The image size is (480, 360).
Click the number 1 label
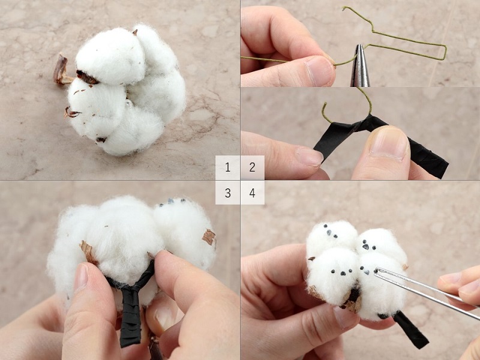point(228,167)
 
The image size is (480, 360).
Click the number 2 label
point(253,167)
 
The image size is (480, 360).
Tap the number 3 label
point(228,193)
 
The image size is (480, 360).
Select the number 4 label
point(253,193)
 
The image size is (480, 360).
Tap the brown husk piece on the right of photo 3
point(209,237)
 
